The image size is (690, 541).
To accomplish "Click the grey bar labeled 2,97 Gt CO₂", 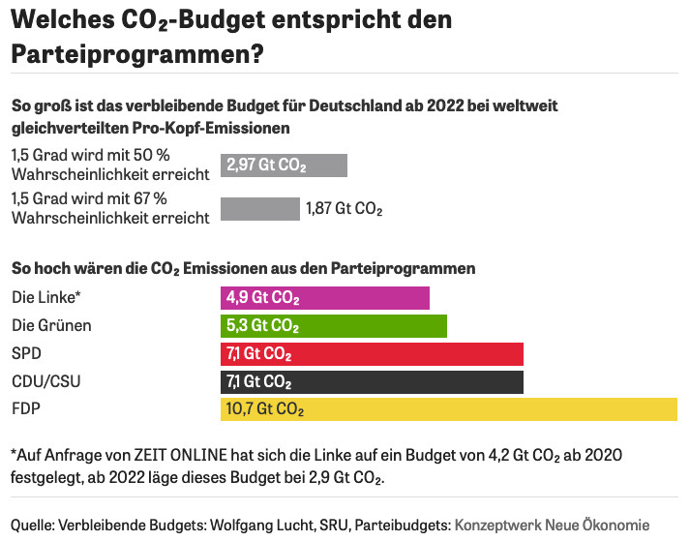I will point(284,165).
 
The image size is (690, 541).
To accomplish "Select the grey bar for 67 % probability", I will point(260,209).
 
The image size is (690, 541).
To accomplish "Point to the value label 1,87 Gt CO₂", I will point(345,209).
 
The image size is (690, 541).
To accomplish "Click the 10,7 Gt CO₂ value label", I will point(265,409).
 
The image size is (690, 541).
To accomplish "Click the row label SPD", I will point(26,353).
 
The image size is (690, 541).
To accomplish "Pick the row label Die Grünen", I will point(51,325).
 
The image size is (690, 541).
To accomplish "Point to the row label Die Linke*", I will point(45,297).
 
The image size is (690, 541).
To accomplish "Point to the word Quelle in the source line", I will point(33,524).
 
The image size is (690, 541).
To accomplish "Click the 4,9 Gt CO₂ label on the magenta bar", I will point(262,297).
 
